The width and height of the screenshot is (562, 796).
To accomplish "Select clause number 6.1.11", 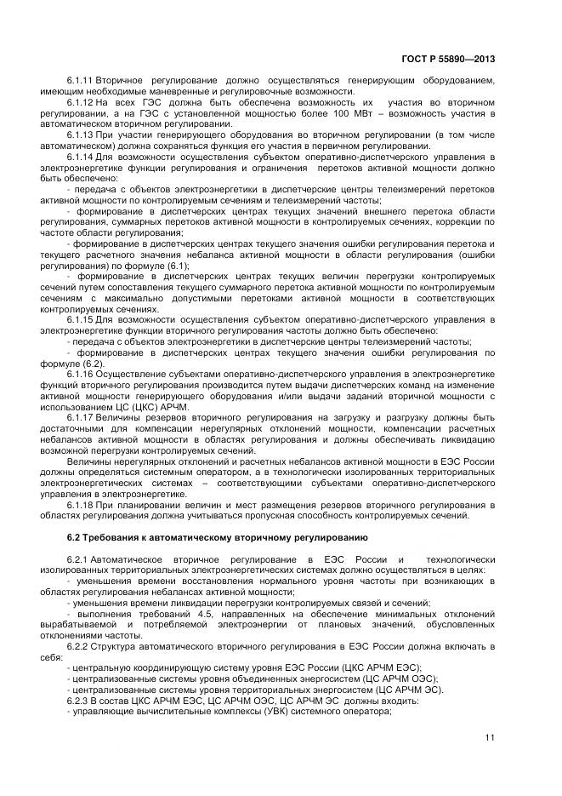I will click(81, 80).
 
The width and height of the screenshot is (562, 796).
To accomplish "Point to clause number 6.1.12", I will click(81, 102).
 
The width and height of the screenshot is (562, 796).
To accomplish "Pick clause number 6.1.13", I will click(81, 135).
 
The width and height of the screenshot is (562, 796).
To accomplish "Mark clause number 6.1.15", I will click(81, 319).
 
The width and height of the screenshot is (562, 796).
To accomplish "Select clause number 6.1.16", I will click(81, 374).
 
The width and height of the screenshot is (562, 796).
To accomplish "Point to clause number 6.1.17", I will click(81, 417).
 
